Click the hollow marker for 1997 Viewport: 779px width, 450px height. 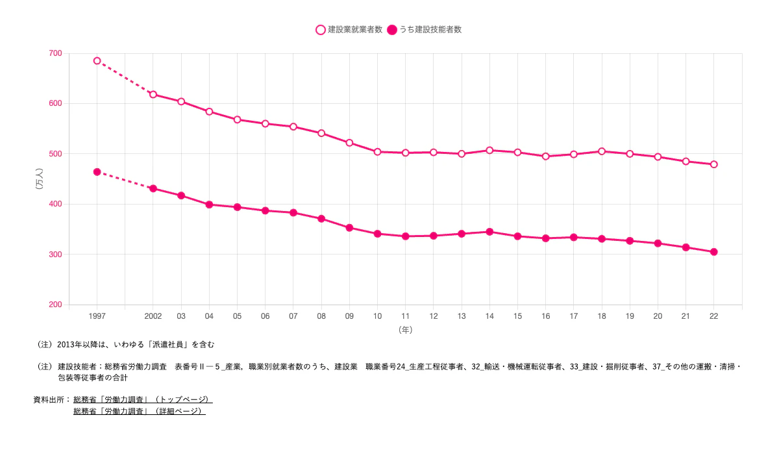pyautogui.click(x=97, y=61)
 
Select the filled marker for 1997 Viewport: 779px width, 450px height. pyautogui.click(x=97, y=172)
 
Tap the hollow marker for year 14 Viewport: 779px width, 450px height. pyautogui.click(x=489, y=150)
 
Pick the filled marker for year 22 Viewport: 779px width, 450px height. pyautogui.click(x=714, y=252)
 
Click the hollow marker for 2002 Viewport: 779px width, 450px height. pyautogui.click(x=153, y=94)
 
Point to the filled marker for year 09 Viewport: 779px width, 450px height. pyautogui.click(x=349, y=228)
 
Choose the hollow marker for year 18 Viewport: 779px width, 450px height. pyautogui.click(x=602, y=151)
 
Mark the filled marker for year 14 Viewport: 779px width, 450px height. pyautogui.click(x=489, y=232)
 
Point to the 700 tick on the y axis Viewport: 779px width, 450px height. pyautogui.click(x=55, y=53)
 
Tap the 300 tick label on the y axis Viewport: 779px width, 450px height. pyautogui.click(x=55, y=255)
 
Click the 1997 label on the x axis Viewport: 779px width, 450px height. pyautogui.click(x=97, y=316)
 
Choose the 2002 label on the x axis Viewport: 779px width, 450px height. pyautogui.click(x=153, y=316)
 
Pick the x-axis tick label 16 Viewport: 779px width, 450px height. pyautogui.click(x=546, y=316)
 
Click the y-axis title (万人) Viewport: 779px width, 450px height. pyautogui.click(x=40, y=179)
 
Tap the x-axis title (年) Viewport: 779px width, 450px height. pyautogui.click(x=405, y=330)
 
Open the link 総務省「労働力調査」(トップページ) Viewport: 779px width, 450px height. pyautogui.click(x=143, y=399)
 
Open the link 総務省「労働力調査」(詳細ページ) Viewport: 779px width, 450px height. pyautogui.click(x=139, y=411)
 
